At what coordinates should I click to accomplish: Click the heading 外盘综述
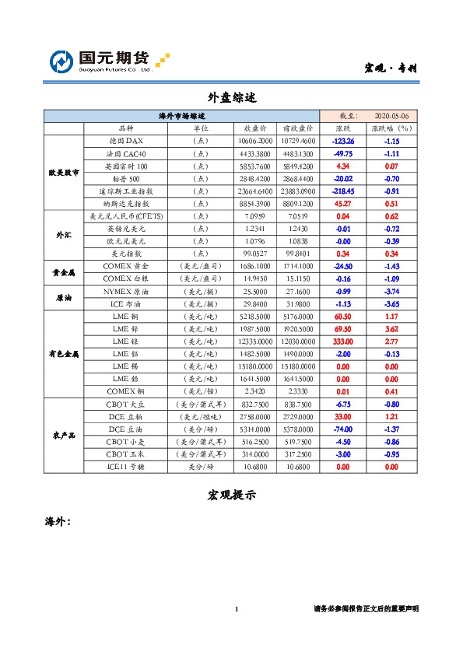(232, 98)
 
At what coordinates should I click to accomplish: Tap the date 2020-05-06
(391, 116)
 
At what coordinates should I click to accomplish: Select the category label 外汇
(63, 234)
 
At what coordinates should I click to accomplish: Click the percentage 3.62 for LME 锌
(391, 328)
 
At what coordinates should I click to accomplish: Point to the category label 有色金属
(63, 353)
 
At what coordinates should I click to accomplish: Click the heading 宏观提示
(232, 496)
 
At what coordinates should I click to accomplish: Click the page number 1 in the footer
(237, 608)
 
